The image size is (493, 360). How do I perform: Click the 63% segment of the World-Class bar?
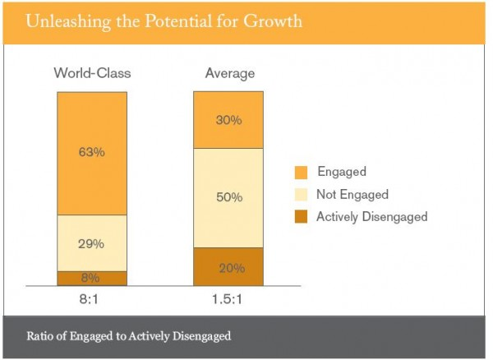[x=92, y=153]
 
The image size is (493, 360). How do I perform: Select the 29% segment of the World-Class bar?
[x=92, y=243]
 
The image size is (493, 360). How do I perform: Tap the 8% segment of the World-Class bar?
[x=92, y=278]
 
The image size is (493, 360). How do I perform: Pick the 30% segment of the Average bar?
[x=228, y=120]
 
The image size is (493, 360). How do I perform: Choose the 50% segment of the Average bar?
[x=228, y=197]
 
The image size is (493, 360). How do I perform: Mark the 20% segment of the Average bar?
[x=228, y=266]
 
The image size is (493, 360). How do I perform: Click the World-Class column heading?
[x=92, y=73]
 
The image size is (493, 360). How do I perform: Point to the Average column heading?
[x=228, y=73]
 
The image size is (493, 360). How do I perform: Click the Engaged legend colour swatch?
[x=302, y=173]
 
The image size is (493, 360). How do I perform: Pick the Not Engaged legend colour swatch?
[x=302, y=195]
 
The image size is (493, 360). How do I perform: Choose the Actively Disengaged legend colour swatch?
[x=302, y=217]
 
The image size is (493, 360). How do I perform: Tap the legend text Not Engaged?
[x=352, y=195]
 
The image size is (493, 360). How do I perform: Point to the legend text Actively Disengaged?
[x=372, y=217]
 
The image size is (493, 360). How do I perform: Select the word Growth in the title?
[x=272, y=21]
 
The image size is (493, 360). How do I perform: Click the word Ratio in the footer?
[x=40, y=335]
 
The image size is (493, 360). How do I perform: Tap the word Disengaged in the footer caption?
[x=200, y=335]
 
